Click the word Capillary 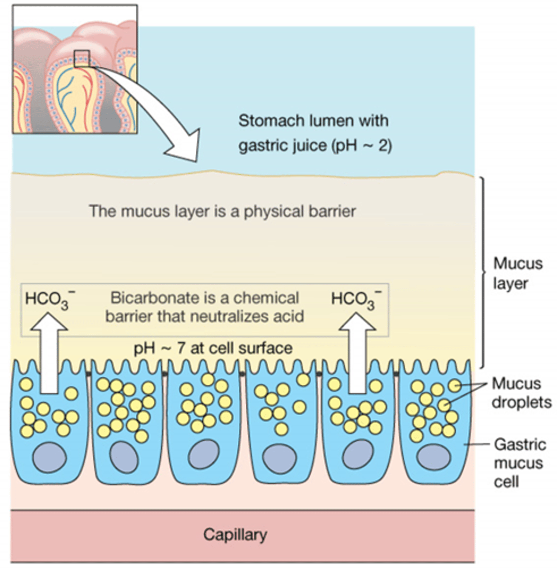235,534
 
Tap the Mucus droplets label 521,392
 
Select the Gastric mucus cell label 519,463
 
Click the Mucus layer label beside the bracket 517,273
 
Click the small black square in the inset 82,58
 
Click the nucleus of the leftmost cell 49,458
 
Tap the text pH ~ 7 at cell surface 213,348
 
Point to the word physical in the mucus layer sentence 273,211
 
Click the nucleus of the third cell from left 203,458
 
